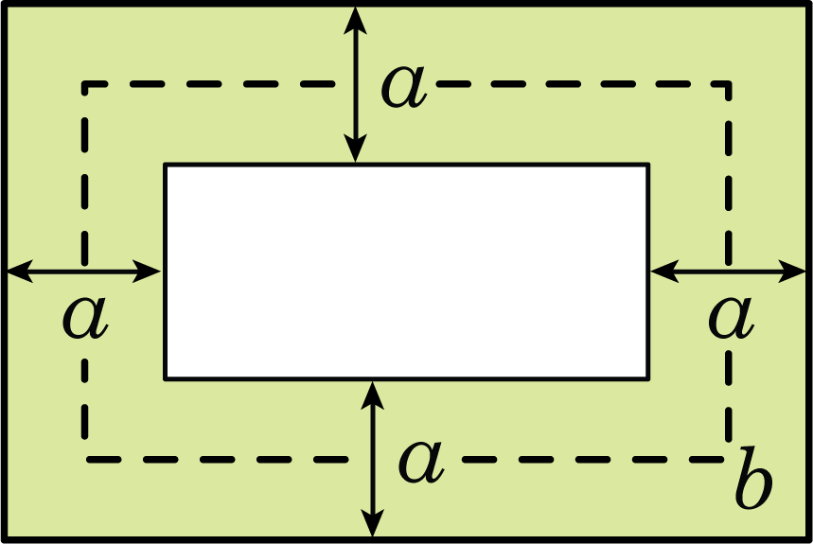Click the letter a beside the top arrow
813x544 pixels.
point(404,87)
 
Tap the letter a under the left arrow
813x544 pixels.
point(85,318)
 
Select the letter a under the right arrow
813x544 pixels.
point(731,318)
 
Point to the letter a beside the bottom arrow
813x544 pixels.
point(421,462)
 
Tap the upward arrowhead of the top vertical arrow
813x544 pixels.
point(356,21)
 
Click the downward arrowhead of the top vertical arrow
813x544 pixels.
point(356,149)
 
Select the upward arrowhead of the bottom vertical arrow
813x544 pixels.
point(372,395)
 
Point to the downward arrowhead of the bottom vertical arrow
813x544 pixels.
point(372,523)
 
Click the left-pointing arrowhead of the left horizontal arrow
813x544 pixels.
point(20,271)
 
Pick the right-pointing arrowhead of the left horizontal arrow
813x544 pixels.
point(147,271)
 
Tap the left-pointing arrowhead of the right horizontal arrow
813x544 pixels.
point(665,271)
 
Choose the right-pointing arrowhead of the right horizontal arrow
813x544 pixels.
point(792,271)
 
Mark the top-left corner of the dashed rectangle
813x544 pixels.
point(84,83)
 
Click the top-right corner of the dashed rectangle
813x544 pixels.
point(729,83)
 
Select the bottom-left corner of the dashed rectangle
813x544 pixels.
point(84,460)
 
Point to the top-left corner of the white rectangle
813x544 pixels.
point(166,166)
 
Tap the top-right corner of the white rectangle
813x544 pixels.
point(648,166)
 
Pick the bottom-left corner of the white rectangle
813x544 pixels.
point(166,379)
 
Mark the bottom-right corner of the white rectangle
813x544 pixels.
point(648,379)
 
